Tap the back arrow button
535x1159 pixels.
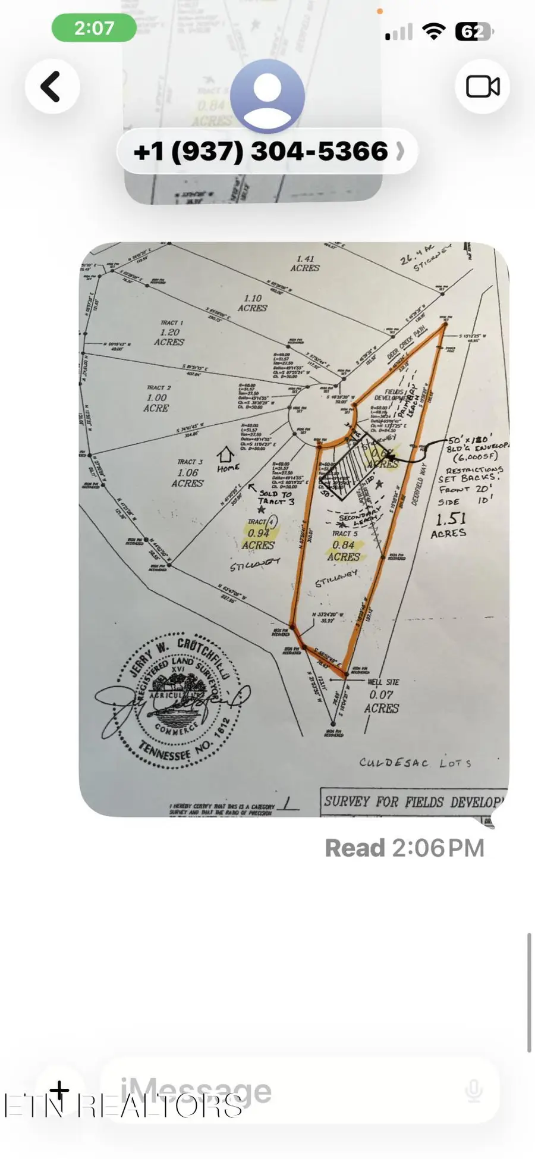coord(52,87)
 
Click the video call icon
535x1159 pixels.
coord(482,87)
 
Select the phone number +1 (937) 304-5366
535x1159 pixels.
coord(262,152)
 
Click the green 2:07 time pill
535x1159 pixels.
coord(94,28)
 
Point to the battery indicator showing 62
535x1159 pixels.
coord(473,32)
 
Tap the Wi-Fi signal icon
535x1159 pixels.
coord(434,32)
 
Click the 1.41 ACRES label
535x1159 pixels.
coord(305,264)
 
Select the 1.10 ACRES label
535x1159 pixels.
coord(252,303)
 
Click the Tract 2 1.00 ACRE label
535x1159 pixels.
coord(157,402)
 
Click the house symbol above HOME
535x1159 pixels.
coord(225,455)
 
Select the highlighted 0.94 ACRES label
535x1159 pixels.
coord(259,539)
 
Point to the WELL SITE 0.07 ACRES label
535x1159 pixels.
coord(382,701)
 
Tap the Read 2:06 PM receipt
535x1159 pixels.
coord(404,848)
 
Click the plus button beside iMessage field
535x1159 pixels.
coord(59,1090)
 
